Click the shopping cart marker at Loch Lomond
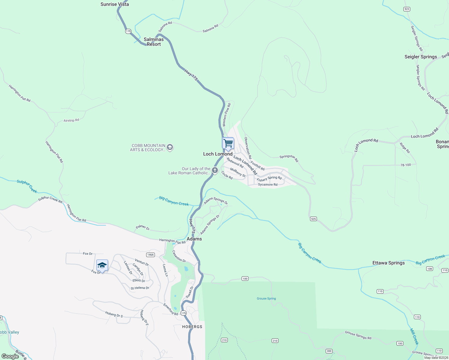click(x=228, y=143)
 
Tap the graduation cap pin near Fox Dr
click(x=102, y=265)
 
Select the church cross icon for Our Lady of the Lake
click(x=215, y=170)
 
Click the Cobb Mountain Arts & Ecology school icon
click(x=170, y=147)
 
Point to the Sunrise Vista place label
click(x=115, y=4)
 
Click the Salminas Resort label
click(x=154, y=42)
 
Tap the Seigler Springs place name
click(x=420, y=57)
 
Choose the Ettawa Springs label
click(x=388, y=263)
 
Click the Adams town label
click(x=194, y=239)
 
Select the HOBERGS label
click(x=192, y=327)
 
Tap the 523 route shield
click(x=407, y=9)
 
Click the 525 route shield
click(x=313, y=219)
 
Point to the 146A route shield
click(x=150, y=255)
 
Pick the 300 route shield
click(x=329, y=351)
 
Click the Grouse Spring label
click(x=266, y=298)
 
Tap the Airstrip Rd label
click(x=71, y=120)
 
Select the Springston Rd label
click(x=289, y=158)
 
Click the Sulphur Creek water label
click(x=27, y=186)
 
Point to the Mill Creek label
click(x=414, y=336)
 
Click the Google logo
click(x=10, y=356)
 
